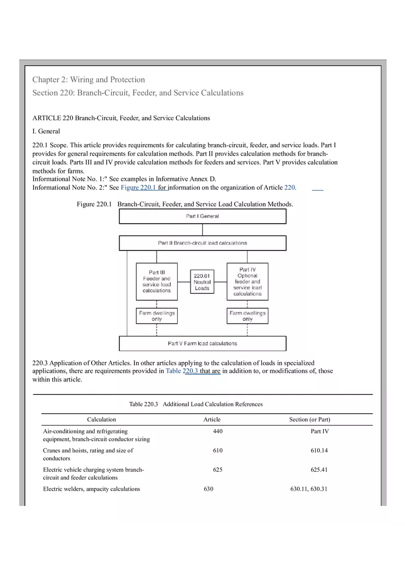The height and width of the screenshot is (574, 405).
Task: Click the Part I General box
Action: (x=202, y=216)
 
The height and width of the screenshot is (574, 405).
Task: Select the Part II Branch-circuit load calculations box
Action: (x=202, y=243)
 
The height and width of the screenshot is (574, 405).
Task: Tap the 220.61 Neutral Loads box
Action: (x=202, y=282)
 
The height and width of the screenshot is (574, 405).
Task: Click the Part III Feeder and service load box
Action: (x=156, y=281)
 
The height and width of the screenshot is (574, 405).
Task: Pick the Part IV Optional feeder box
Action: (x=247, y=281)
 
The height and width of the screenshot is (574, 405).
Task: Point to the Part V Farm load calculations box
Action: (x=202, y=343)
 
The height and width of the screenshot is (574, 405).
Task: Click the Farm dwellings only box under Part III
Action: (x=156, y=316)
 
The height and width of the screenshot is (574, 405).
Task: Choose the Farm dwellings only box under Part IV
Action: (x=247, y=316)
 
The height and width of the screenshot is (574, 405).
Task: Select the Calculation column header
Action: (x=101, y=419)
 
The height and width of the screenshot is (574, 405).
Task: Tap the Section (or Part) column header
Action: (x=309, y=419)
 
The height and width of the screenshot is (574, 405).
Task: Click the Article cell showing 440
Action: (x=218, y=431)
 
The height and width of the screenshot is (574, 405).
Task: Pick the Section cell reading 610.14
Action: (x=319, y=451)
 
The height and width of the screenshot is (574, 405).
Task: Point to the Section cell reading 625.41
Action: (x=319, y=470)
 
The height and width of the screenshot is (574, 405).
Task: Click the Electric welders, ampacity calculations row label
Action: (x=92, y=489)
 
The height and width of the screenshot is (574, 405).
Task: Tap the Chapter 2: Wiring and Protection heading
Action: (x=88, y=80)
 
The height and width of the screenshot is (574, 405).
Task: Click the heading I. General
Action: (x=46, y=131)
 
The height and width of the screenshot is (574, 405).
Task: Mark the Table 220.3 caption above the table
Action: (x=196, y=404)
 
